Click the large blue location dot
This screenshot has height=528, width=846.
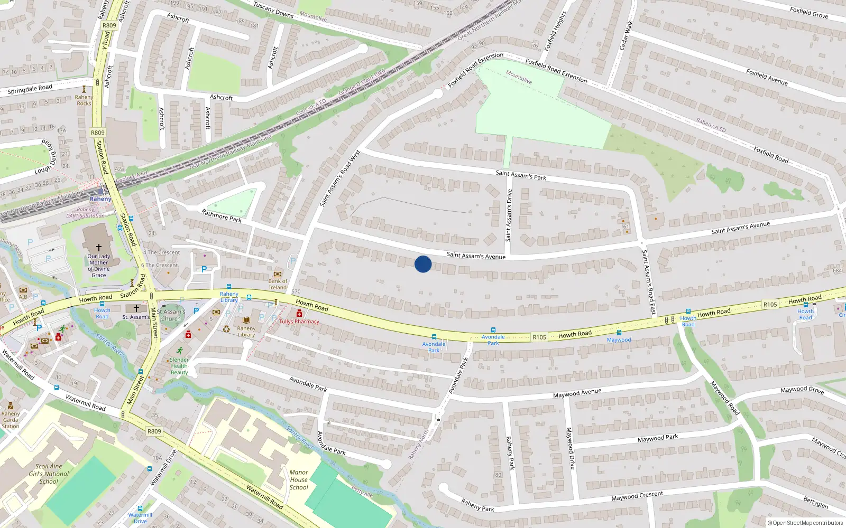423,264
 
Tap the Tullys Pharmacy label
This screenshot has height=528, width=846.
299,321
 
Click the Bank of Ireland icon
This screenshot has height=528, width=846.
278,275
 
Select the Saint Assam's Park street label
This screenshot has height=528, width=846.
521,175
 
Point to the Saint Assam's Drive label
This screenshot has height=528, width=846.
509,215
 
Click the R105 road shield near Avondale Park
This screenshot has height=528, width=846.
539,337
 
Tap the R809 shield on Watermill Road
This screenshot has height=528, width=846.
154,431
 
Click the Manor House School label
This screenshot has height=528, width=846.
299,480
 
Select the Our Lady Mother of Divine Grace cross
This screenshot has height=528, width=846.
98,247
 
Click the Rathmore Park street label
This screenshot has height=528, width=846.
222,216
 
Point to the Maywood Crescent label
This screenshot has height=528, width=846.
637,496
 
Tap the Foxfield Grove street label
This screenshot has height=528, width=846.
809,13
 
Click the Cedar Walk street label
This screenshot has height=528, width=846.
626,36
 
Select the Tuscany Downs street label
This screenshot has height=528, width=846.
273,10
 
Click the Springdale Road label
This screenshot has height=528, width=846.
30,89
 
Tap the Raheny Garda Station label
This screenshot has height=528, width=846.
11,420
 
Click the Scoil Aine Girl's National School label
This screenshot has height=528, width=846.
49,474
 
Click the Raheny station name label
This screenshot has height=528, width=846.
100,199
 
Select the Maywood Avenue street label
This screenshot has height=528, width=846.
577,393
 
